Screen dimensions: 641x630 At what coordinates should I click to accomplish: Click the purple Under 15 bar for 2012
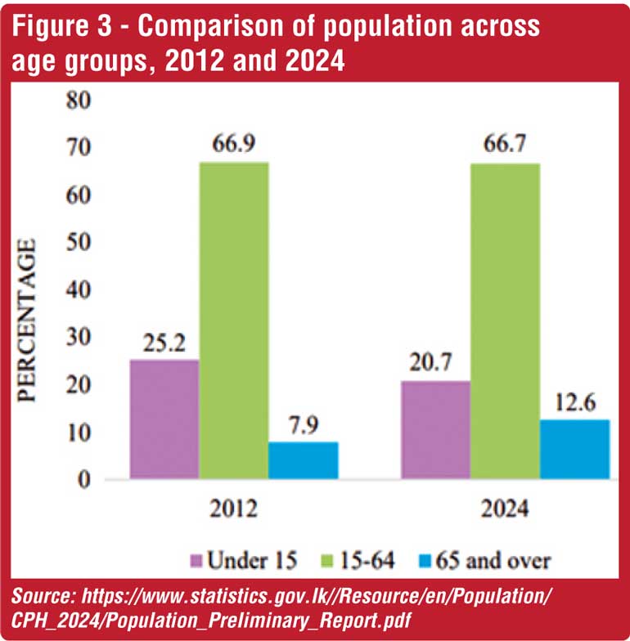164,419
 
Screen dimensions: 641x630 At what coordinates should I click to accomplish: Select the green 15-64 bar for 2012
234,320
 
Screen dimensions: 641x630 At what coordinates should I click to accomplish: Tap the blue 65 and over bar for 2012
304,459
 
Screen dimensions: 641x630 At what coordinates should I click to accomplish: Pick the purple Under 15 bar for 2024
435,429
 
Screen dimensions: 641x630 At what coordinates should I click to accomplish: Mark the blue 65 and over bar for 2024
574,449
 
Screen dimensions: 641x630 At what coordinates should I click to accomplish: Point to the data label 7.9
304,427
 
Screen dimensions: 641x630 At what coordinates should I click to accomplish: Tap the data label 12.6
574,403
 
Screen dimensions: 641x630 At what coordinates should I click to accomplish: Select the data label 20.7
434,365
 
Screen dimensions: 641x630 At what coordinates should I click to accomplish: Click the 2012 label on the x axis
233,510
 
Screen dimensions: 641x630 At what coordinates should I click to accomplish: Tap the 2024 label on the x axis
504,510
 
